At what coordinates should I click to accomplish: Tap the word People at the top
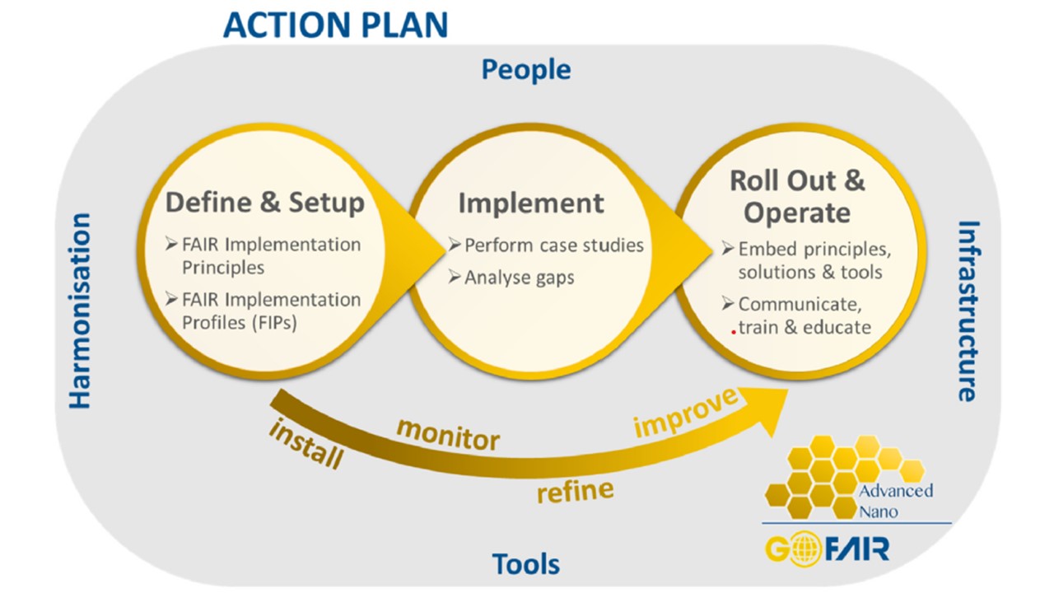point(526,69)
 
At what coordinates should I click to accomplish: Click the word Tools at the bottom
point(526,564)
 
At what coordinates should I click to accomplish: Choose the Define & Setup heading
point(265,203)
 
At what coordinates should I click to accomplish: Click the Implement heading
point(531,203)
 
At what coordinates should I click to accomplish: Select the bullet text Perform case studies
point(553,245)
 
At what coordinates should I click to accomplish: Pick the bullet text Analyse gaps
point(519,278)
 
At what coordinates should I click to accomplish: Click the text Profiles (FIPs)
point(240,323)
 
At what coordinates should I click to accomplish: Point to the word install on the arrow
point(305,443)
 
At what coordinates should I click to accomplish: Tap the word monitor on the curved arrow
point(448,436)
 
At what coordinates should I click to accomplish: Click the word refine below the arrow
point(575,491)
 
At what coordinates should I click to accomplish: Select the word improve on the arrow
point(685,413)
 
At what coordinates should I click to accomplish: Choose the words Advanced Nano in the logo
point(895,501)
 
